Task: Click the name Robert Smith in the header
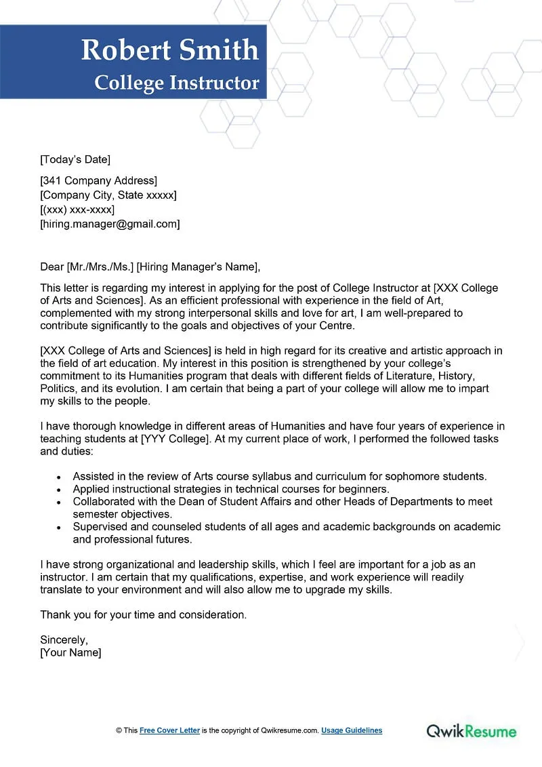coord(169,50)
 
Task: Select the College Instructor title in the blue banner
coord(177,83)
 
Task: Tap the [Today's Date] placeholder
coord(75,160)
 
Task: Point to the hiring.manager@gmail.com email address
coord(110,224)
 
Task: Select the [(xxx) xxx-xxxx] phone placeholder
coord(77,210)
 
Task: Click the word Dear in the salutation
coord(51,267)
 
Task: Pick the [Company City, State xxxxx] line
coord(108,195)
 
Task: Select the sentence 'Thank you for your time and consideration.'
coord(144,614)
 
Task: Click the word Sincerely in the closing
coord(64,640)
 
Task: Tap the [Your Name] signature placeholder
coord(70,652)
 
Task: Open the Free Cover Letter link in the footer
coord(169,730)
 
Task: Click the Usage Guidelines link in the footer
coord(352,730)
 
